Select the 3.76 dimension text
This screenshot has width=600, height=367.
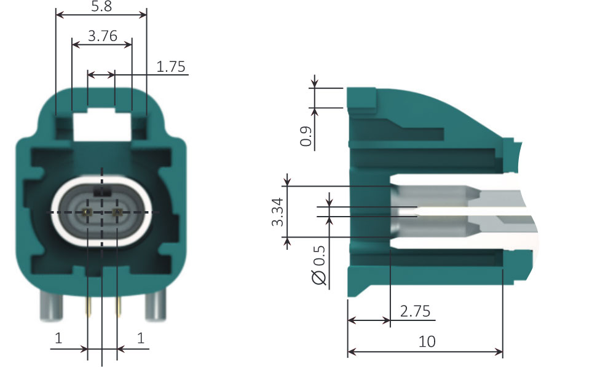[x=102, y=36]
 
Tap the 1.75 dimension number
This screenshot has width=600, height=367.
[x=171, y=67]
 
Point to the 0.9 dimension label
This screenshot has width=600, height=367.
[x=306, y=136]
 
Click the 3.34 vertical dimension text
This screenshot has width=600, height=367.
[x=277, y=211]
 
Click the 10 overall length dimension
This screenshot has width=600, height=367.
[x=427, y=341]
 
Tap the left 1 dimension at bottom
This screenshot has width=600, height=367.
[x=59, y=338]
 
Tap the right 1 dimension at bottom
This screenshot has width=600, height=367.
[x=141, y=338]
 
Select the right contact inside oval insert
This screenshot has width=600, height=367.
[x=118, y=212]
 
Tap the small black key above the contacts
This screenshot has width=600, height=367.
[x=103, y=192]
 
